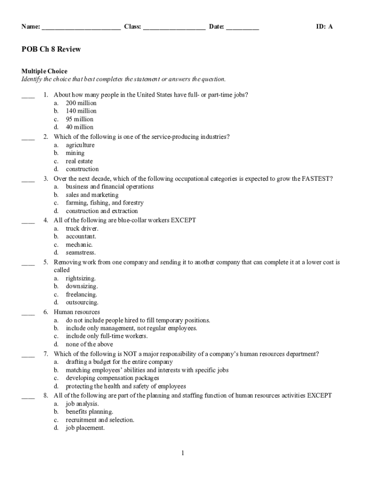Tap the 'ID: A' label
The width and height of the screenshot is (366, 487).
(x=325, y=27)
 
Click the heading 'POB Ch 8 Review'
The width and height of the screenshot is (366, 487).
(x=51, y=49)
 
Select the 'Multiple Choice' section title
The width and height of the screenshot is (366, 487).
(x=44, y=71)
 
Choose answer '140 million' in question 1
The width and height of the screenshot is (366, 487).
(x=81, y=111)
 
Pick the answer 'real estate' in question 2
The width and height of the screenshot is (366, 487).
(x=79, y=161)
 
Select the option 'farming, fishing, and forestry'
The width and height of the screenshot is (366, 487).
(x=105, y=203)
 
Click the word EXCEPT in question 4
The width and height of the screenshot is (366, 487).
(x=183, y=220)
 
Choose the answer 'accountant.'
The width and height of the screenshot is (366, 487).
(x=81, y=236)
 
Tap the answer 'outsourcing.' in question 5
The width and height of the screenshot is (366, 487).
(x=82, y=302)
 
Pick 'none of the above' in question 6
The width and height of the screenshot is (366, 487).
(x=89, y=344)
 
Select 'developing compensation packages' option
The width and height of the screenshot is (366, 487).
(x=112, y=378)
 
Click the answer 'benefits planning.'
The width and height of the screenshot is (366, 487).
(x=89, y=412)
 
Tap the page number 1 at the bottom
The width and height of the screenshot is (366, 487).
(x=183, y=453)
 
